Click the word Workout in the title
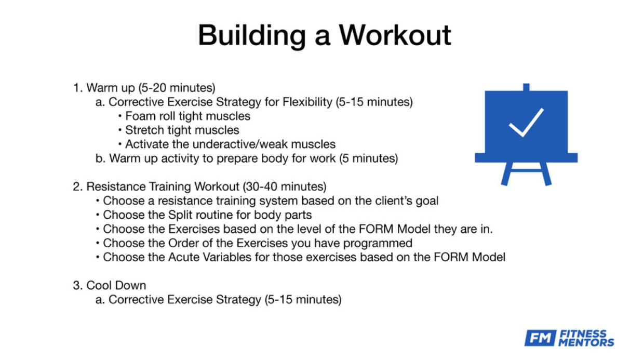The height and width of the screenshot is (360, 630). coord(395,35)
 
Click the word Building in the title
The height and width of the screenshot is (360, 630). coord(252,36)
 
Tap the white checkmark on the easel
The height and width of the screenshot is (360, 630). coord(526,123)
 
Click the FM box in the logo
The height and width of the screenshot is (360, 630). coord(541,338)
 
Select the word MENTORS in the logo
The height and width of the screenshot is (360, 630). coord(586,342)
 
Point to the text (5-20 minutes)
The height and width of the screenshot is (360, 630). coord(177,88)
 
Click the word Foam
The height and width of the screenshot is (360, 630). coord(140,116)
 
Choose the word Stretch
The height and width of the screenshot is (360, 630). coord(144,130)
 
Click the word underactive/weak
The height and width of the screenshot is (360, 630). coord(240,144)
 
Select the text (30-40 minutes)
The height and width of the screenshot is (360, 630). coord(284,186)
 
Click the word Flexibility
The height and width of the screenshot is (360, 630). coord(307,102)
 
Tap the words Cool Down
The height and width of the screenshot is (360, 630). coord(116,285)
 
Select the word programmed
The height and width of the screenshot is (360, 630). coord(378,244)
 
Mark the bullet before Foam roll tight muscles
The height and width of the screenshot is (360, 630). coord(120,116)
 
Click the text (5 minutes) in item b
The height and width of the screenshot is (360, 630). coord(368,158)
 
